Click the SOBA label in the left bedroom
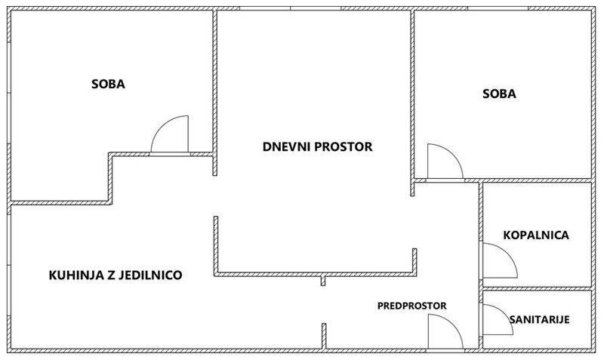click(x=108, y=84)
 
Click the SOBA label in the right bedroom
click(x=499, y=94)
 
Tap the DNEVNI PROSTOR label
click(x=317, y=146)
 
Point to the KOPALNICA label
click(x=536, y=235)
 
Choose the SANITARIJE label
click(x=539, y=319)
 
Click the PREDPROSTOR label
click(x=411, y=306)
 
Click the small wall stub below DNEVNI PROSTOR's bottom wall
click(x=323, y=281)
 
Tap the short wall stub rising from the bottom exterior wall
click(x=324, y=336)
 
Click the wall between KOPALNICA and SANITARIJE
click(x=537, y=288)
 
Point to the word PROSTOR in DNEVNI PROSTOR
click(x=344, y=146)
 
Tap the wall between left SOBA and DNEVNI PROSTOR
click(x=215, y=92)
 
